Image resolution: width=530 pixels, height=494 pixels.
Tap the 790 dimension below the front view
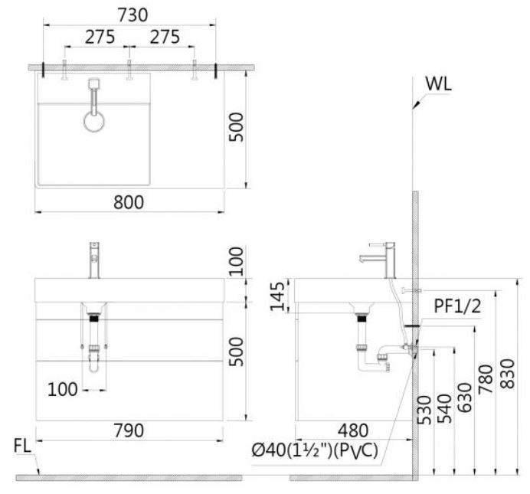(x=129, y=431)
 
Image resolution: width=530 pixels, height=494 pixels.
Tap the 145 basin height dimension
(x=280, y=296)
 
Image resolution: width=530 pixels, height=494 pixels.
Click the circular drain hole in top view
(x=95, y=122)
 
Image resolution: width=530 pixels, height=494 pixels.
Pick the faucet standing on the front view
(x=96, y=260)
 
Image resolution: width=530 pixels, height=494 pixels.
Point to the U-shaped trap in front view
(x=95, y=364)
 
